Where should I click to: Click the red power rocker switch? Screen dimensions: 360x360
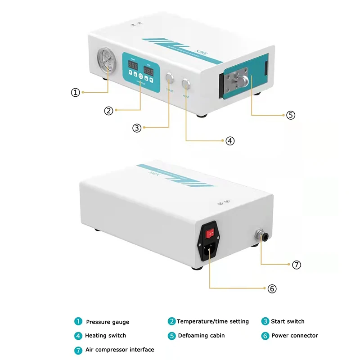coord(210,234)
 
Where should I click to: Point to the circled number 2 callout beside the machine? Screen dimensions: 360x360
coord(108,110)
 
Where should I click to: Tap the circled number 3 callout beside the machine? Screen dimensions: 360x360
coord(137,128)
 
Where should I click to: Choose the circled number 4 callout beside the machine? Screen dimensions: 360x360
coord(230,141)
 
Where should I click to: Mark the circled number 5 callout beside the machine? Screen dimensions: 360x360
coord(291,115)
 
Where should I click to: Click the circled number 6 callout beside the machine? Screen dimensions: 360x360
coord(272,288)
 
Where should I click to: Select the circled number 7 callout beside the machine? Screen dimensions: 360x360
coord(296,265)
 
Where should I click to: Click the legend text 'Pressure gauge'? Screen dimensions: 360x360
coord(108,322)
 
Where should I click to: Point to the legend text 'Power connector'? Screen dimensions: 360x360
coord(294,335)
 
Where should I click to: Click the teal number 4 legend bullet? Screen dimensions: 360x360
coord(78,335)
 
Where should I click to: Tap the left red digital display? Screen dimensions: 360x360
coord(133,66)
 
